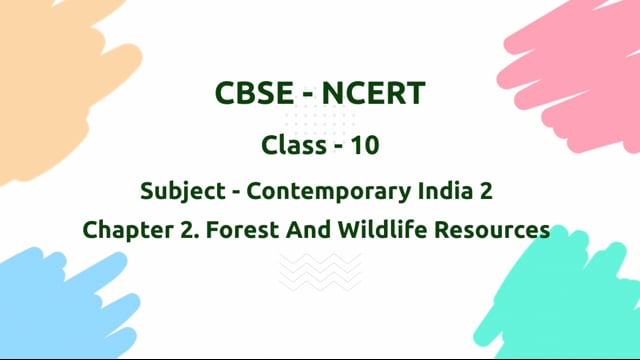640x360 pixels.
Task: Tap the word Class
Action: coord(292,145)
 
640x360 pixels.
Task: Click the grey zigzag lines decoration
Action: coord(320,270)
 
